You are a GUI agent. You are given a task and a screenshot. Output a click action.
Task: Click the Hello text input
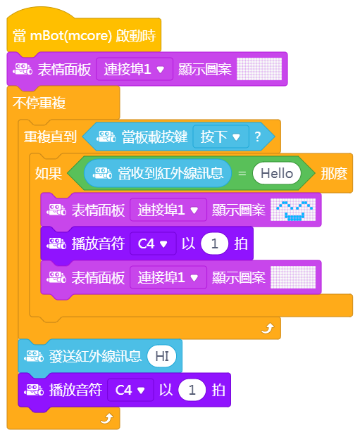[276, 173]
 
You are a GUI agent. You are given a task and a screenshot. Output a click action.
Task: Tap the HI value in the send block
[162, 356]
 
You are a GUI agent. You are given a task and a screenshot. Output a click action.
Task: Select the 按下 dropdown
[221, 137]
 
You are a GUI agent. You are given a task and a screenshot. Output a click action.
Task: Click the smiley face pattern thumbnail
[293, 210]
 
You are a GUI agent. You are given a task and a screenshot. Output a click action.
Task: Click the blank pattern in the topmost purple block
[259, 69]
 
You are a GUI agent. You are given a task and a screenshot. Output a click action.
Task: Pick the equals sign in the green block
[242, 174]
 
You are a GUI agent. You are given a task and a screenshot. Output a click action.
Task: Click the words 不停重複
[39, 103]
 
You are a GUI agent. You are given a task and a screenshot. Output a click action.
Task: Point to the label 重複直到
[50, 137]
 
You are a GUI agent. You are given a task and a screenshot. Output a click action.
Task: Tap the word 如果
[48, 173]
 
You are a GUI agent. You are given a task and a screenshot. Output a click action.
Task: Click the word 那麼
[334, 174]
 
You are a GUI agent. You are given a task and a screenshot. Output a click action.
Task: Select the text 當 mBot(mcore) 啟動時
[85, 36]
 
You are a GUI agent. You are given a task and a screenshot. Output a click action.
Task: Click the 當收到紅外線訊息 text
[170, 173]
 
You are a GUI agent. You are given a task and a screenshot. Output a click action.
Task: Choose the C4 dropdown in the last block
[130, 390]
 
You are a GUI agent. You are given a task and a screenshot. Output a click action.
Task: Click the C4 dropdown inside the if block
[153, 244]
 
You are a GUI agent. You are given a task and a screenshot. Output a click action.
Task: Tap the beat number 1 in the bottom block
[192, 390]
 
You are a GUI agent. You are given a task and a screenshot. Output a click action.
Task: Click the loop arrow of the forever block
[107, 418]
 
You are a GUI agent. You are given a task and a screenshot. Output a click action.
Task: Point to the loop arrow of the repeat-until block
[268, 329]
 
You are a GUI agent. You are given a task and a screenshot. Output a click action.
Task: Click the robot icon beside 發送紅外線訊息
[34, 356]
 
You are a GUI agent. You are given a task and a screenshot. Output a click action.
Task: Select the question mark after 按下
[258, 137]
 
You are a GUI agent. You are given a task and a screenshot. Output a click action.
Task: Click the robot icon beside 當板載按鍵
[106, 137]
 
